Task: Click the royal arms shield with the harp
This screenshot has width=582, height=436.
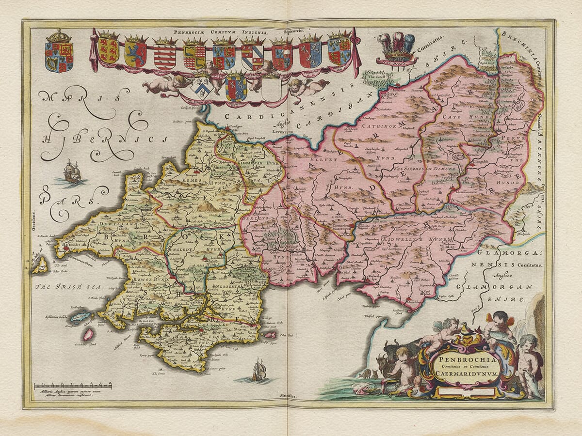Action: point(59,54)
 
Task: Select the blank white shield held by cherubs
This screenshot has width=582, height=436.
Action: point(271,89)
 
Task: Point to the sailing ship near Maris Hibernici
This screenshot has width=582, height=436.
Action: point(72,171)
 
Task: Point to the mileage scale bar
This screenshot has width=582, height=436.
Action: point(73,386)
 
